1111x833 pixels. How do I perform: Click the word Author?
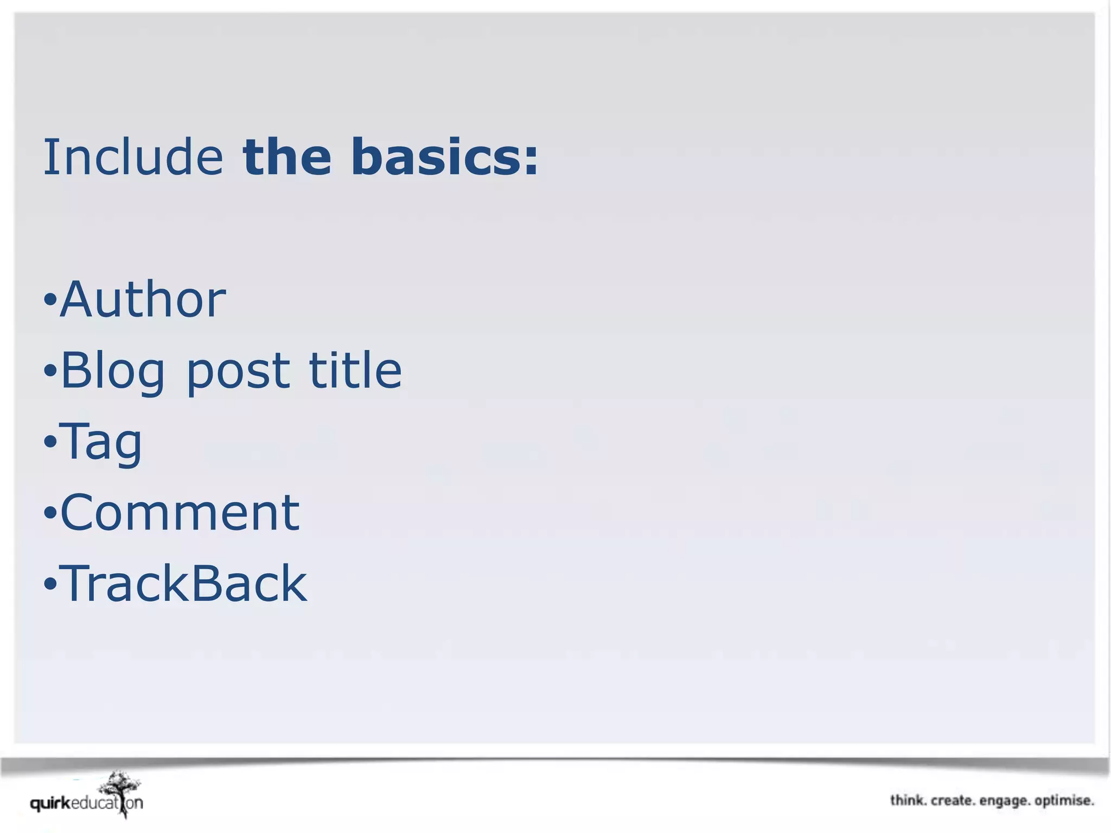click(143, 299)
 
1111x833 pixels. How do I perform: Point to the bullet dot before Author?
click(50, 299)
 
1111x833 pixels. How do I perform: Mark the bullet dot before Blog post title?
click(50, 371)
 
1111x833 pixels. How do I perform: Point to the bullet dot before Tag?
click(50, 442)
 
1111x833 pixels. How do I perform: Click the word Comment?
click(180, 512)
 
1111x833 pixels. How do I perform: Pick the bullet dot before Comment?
click(50, 513)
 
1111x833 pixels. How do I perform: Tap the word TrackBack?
click(183, 584)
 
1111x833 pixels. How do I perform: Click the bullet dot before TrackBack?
click(50, 584)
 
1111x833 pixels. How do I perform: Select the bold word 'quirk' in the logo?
click(50, 803)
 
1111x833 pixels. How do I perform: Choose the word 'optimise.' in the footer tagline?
click(1064, 801)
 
